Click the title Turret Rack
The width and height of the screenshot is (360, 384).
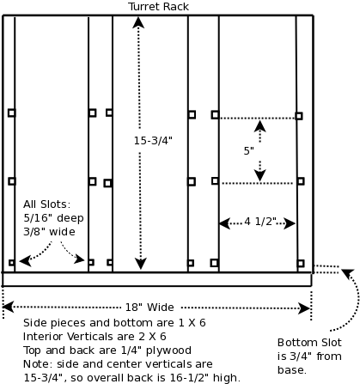[x=158, y=7]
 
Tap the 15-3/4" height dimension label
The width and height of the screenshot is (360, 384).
[x=153, y=141]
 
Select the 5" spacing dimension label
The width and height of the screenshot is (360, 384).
[x=249, y=150]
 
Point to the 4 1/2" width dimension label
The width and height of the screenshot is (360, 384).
[x=260, y=221]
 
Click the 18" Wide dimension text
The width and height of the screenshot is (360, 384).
[x=149, y=308]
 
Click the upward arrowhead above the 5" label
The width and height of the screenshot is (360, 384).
[x=259, y=126]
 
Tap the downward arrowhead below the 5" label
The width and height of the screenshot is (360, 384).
[x=259, y=175]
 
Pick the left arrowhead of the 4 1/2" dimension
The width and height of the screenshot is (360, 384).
[x=225, y=223]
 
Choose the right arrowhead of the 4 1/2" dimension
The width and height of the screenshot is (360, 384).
[x=290, y=223]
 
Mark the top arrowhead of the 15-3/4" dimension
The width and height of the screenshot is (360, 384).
[x=138, y=22]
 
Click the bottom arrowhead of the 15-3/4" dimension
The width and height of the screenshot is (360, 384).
[x=141, y=264]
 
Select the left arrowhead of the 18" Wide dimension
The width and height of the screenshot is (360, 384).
[x=8, y=307]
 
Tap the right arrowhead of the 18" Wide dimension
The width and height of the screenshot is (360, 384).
[x=304, y=308]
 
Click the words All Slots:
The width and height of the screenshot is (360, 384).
[x=46, y=204]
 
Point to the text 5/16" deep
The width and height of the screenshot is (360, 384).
[x=53, y=218]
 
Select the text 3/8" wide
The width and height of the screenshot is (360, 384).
[x=49, y=232]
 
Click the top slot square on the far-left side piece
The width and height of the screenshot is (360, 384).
[x=11, y=113]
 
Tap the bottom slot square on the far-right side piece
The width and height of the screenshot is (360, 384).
[x=301, y=263]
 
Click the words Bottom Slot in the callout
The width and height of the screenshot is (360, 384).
[x=309, y=343]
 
